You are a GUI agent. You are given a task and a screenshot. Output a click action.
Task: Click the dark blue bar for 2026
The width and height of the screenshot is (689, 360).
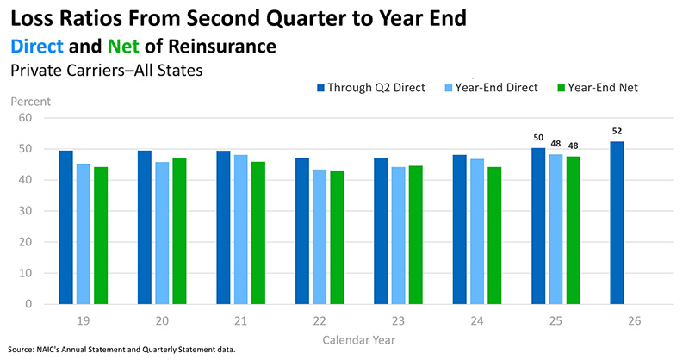pos(617,223)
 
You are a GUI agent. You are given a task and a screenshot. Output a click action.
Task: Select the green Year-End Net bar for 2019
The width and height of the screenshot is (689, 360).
pos(101,236)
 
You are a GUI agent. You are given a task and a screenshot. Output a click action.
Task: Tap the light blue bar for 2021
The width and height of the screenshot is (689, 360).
pos(241,229)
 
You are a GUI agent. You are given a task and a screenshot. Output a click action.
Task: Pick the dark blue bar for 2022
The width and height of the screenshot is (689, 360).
pos(302,231)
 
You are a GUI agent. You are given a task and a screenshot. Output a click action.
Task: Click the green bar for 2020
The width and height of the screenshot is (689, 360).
pos(179,231)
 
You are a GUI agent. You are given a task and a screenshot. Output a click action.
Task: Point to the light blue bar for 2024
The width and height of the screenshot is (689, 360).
pos(477,232)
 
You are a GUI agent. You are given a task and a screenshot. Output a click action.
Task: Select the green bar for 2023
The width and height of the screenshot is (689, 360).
pos(416,235)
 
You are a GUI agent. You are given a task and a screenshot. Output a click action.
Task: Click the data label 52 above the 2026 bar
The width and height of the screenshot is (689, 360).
pos(617,131)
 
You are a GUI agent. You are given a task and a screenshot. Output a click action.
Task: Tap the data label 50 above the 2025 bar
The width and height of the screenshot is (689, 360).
pos(538,138)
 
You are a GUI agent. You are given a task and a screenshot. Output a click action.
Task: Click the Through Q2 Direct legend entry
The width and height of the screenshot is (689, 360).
pos(371,88)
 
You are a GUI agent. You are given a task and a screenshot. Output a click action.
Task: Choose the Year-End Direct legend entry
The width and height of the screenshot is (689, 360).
pos(492,88)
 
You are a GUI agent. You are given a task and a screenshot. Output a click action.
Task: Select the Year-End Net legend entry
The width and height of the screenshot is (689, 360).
pos(598,88)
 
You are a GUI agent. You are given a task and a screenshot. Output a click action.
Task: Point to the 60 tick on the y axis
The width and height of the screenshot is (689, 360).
pos(25,118)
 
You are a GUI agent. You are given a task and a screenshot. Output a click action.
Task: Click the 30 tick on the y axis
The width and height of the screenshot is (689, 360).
pos(25,211)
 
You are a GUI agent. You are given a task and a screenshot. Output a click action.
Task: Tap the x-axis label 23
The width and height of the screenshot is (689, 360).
pos(398,321)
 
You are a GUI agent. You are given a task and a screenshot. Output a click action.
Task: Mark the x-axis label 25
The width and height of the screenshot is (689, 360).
pos(556,321)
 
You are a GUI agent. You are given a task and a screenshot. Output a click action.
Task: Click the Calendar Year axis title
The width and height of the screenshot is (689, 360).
pos(358,340)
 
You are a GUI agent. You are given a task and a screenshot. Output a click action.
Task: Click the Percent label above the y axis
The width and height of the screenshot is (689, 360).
pos(31,102)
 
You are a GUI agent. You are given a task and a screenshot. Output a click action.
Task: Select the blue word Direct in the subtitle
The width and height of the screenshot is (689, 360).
pos(37,47)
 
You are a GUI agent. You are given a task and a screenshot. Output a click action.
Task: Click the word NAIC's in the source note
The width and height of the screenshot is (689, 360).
pos(47,350)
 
